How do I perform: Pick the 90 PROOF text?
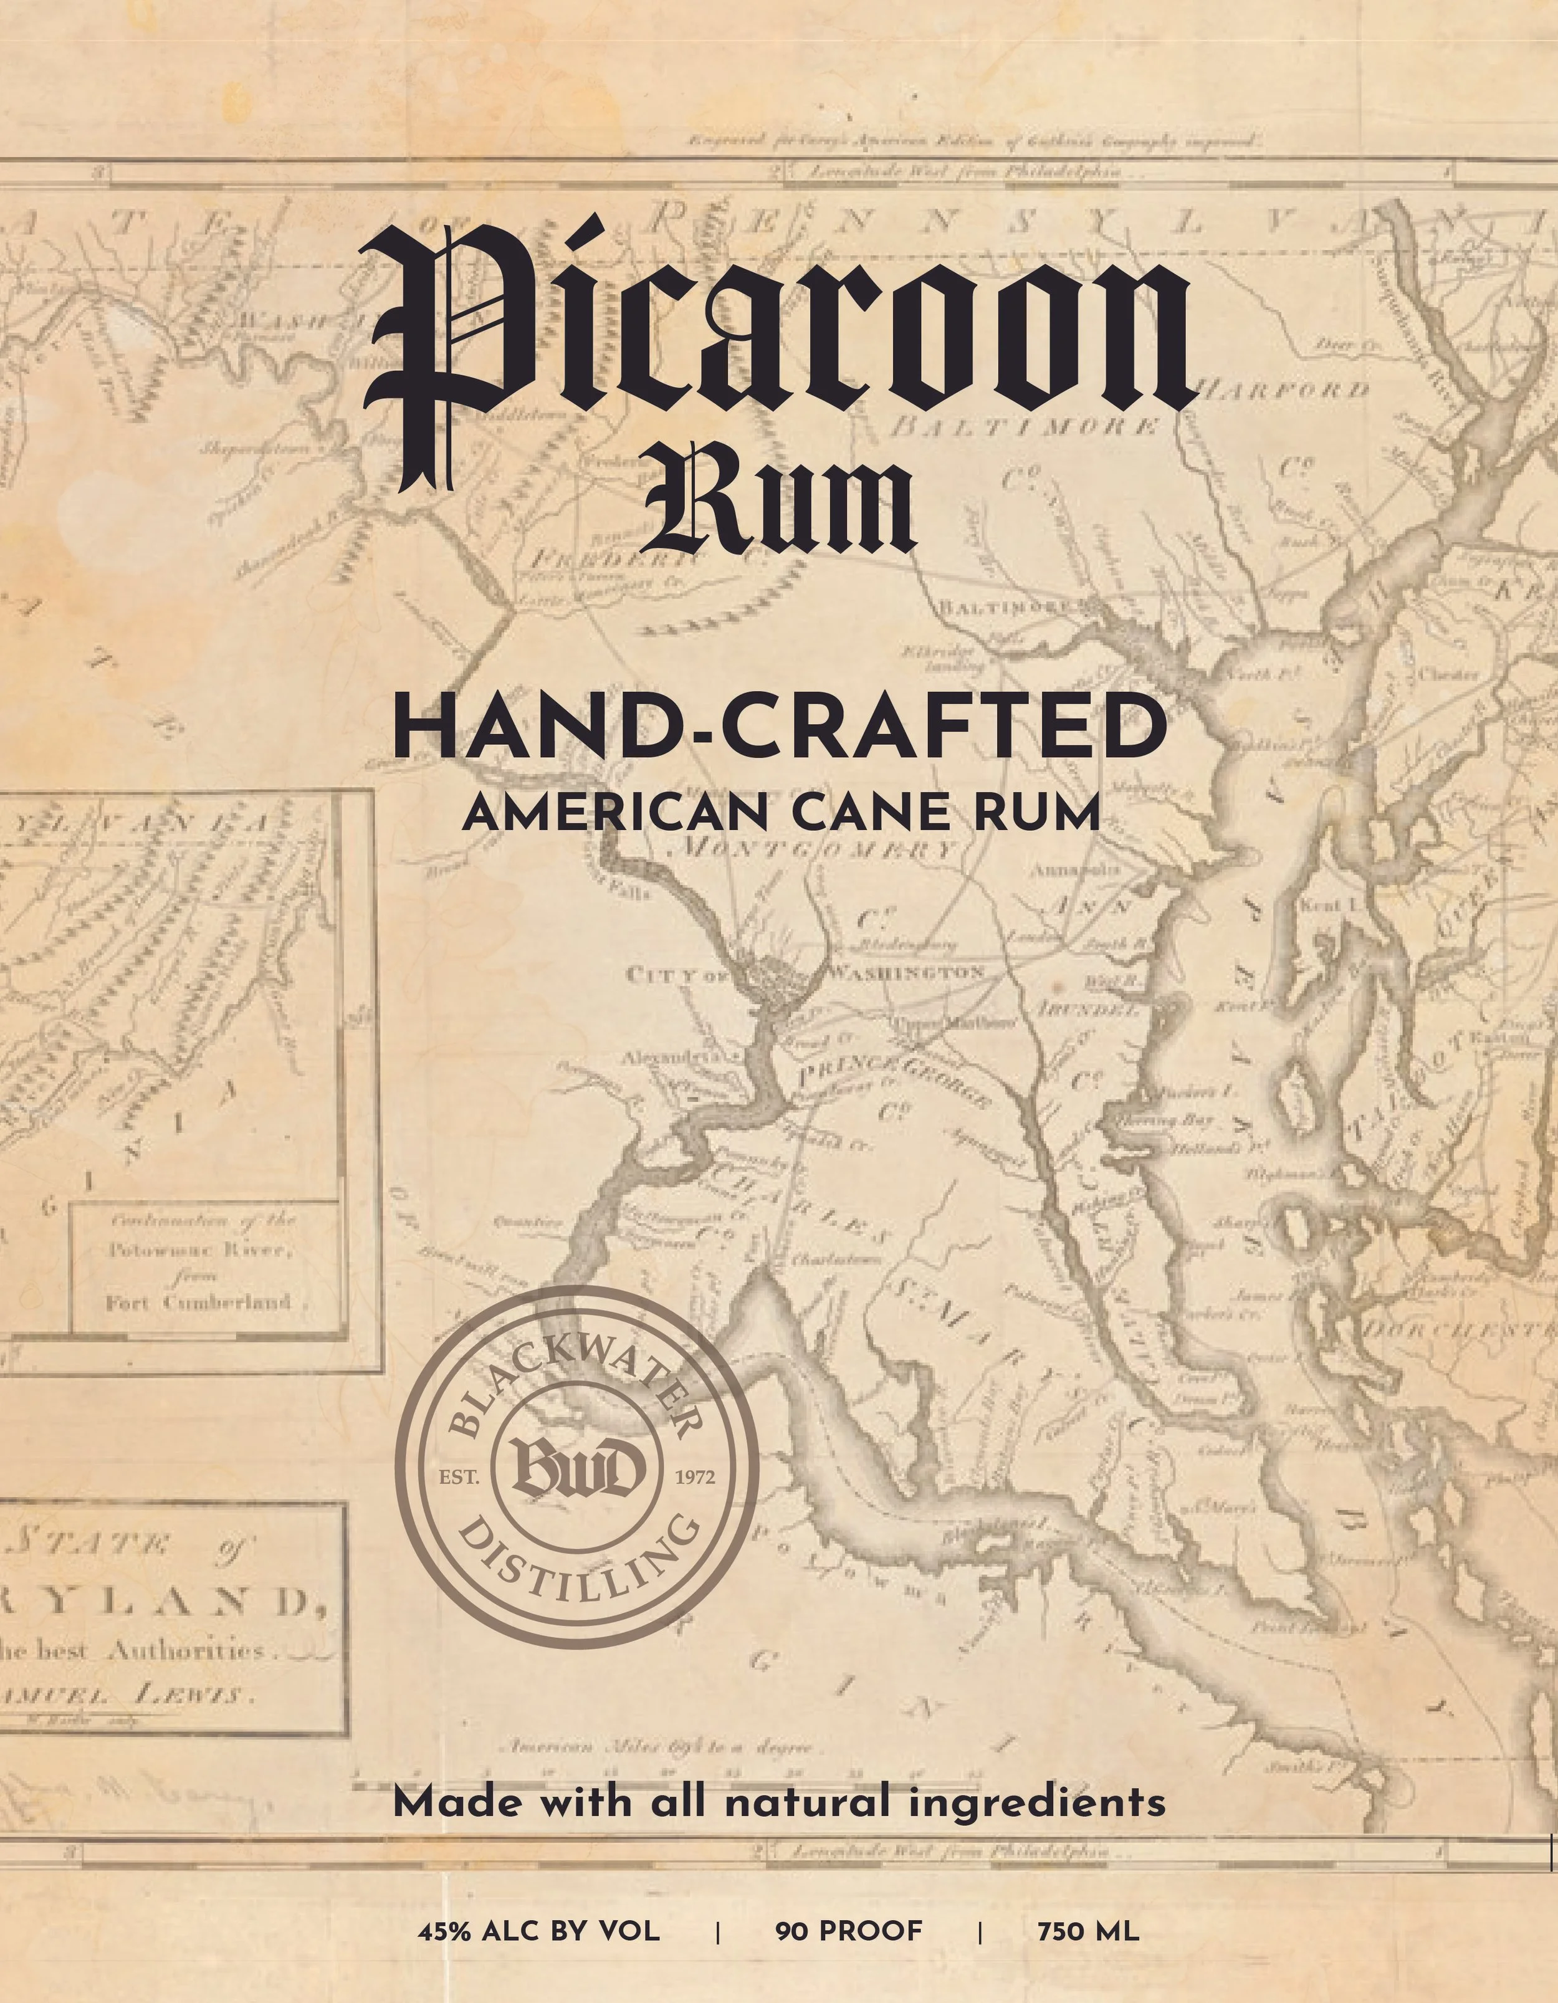click(x=848, y=1931)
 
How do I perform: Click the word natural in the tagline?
click(x=807, y=1802)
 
